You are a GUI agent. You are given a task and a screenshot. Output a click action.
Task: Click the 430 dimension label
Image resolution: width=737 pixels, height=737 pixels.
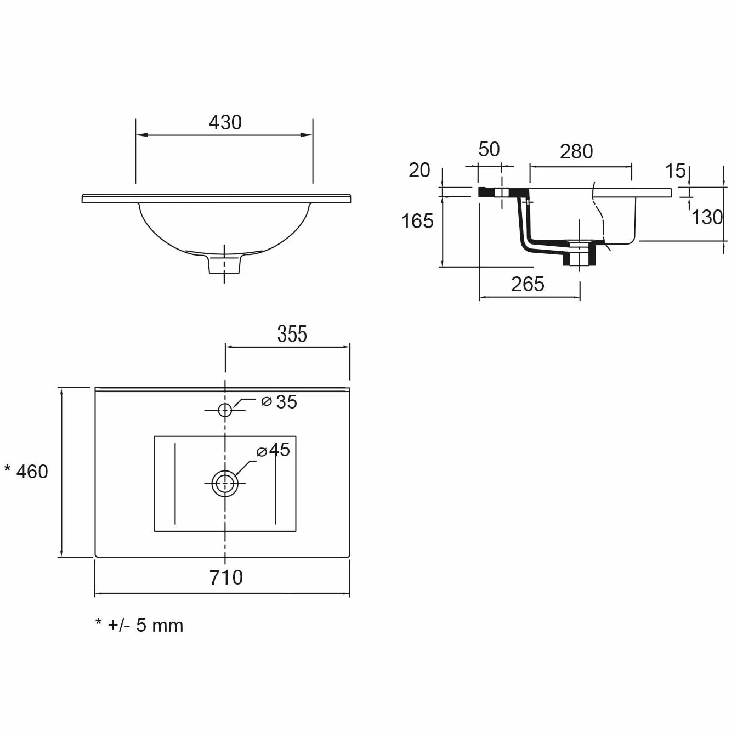coord(225,122)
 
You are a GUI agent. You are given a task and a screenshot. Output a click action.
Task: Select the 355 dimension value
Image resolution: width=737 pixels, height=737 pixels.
coord(292,334)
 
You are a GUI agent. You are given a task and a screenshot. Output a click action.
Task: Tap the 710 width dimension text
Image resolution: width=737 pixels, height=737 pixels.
coord(226,577)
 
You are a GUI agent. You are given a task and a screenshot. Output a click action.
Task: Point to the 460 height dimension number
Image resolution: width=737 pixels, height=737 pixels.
coord(32,472)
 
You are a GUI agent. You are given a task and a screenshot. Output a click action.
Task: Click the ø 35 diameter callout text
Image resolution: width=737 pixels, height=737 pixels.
coord(279,402)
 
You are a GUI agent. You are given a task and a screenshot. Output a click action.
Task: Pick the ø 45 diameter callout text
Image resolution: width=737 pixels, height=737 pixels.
coord(274,450)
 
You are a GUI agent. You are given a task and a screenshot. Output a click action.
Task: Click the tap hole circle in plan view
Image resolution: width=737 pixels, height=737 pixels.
coord(225,410)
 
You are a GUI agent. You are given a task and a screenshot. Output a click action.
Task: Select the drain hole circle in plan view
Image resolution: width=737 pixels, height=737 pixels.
coord(225,484)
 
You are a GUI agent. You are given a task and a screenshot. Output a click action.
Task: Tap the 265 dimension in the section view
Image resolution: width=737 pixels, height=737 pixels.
coord(528,284)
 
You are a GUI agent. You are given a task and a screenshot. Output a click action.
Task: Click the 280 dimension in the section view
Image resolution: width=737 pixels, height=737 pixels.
coord(576,151)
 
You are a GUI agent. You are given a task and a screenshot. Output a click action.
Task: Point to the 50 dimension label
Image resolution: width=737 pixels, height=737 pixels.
coord(489,149)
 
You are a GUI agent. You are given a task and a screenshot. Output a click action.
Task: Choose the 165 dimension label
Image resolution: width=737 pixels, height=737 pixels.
coord(417,221)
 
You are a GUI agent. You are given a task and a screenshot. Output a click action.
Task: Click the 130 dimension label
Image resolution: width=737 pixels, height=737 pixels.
coord(707,217)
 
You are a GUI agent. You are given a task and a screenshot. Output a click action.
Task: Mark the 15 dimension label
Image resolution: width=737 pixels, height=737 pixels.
coord(676,171)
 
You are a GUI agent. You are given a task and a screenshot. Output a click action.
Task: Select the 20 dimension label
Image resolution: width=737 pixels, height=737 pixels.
coord(419,170)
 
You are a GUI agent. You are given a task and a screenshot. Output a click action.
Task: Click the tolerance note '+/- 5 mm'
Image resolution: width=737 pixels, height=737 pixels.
coord(146,625)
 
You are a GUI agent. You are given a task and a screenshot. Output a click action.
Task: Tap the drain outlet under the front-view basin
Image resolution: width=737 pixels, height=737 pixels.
coord(224,264)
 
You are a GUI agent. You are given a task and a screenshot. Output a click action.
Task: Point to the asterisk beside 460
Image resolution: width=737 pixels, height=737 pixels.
coord(7,468)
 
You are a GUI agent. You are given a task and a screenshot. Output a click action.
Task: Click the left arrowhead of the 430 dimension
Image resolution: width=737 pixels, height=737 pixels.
coord(142,135)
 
